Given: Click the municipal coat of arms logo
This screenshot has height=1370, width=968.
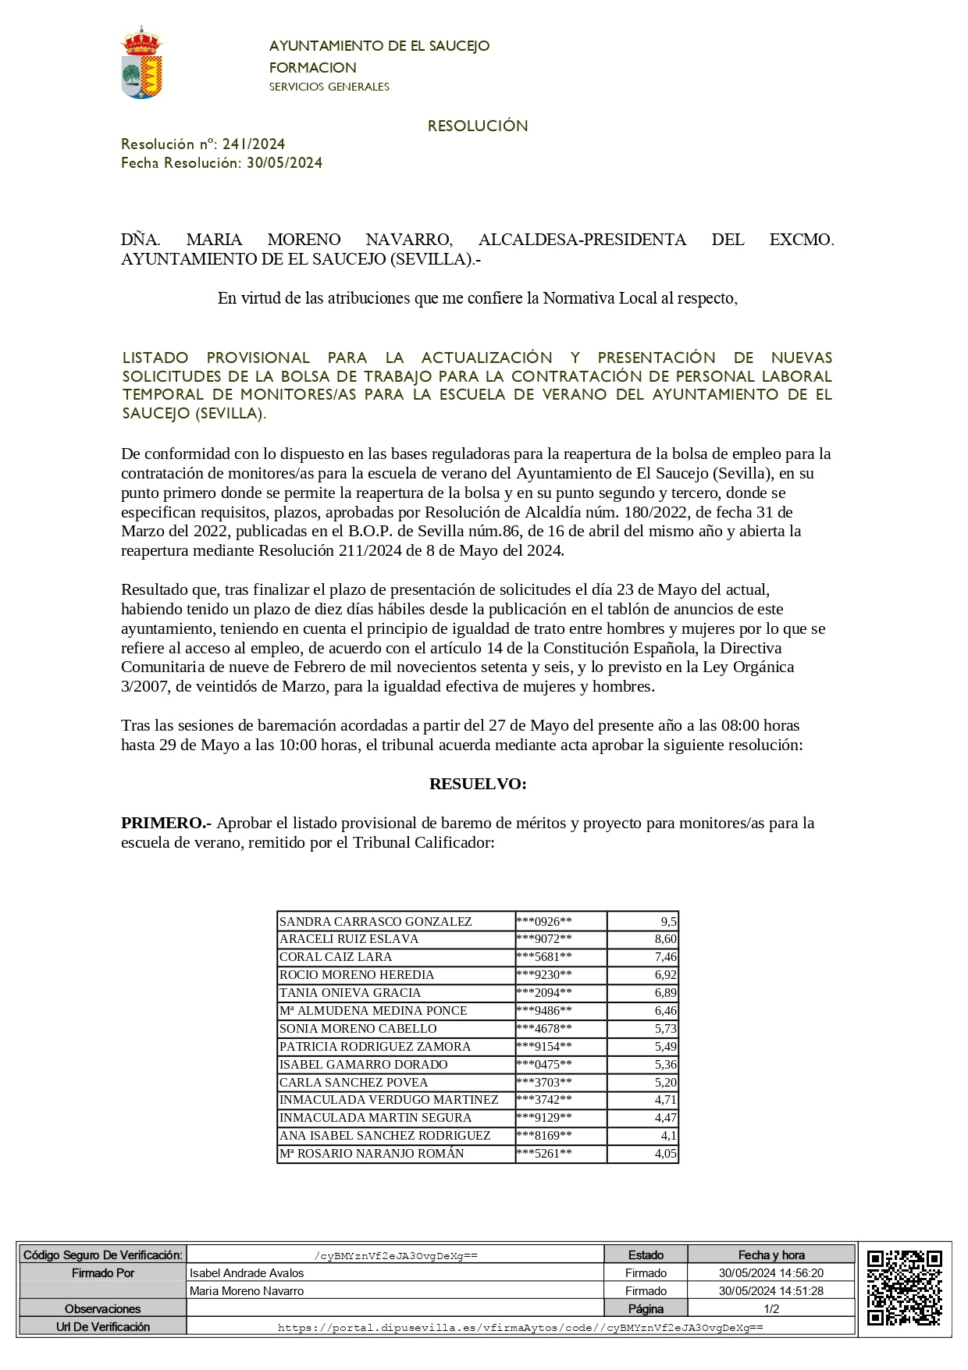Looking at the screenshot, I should click(141, 62).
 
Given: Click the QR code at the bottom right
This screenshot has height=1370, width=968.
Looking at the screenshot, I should click(904, 1287).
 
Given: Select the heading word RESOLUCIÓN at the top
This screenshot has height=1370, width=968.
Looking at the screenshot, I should click(478, 126).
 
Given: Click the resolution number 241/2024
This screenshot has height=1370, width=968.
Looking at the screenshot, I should click(254, 144).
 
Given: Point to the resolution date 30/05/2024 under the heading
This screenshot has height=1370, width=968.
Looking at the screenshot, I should click(284, 162).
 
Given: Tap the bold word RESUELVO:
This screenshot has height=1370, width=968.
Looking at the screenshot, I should click(478, 784).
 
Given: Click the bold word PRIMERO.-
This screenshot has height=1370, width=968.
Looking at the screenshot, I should click(165, 823).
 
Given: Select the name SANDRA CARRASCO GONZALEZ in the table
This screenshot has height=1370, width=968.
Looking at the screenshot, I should click(375, 922).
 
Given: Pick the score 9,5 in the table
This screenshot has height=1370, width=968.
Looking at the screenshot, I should click(668, 922).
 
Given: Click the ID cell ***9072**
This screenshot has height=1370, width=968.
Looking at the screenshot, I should click(544, 939).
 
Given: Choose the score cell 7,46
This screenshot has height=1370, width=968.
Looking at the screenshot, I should click(665, 957).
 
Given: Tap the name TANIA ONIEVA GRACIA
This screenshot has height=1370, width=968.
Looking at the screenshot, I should click(350, 993).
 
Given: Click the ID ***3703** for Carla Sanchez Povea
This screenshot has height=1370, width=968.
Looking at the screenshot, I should click(544, 1083).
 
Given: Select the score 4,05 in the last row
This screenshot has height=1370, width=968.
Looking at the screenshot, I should click(665, 1154).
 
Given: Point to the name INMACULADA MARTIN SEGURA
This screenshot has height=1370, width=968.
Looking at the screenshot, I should click(375, 1118).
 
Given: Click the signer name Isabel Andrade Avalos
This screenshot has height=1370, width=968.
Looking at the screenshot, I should click(247, 1272).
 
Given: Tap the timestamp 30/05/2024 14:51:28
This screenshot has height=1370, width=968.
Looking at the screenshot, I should click(771, 1290).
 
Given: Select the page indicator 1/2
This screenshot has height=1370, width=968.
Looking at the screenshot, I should click(771, 1308).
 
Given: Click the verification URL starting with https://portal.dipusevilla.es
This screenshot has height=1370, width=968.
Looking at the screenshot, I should click(521, 1326).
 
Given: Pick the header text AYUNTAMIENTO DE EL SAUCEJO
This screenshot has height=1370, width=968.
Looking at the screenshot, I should click(379, 46).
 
